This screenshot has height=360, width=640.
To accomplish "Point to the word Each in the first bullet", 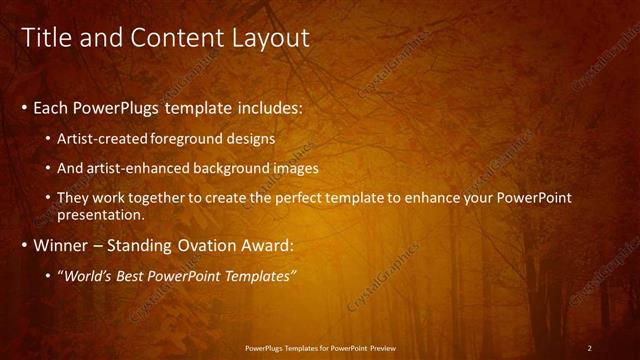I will [52, 107].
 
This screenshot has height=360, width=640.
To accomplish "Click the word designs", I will [254, 138].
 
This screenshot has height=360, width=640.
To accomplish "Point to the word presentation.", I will [101, 214].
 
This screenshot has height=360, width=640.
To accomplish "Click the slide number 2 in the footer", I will [589, 348].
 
